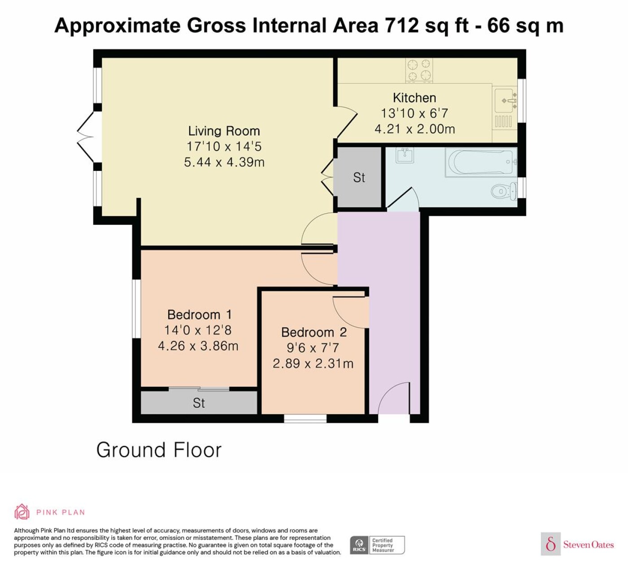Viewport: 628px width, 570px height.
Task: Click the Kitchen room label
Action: click(x=414, y=98)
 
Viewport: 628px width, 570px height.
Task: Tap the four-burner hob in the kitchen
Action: click(x=419, y=70)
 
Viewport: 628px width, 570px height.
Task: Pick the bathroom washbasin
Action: click(x=405, y=155)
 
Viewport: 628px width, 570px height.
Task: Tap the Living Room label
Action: click(x=224, y=131)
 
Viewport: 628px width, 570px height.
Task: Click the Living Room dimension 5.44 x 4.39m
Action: click(x=224, y=162)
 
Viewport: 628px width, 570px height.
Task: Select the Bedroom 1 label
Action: click(x=200, y=314)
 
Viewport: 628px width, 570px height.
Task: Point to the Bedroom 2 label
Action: click(x=314, y=332)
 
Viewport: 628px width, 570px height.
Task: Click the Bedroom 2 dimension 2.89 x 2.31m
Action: click(x=313, y=364)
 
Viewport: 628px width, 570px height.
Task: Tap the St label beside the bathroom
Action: click(x=359, y=178)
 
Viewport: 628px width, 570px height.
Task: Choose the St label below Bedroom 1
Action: click(x=199, y=403)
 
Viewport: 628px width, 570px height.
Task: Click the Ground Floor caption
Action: click(x=159, y=450)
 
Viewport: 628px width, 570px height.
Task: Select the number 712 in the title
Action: click(x=401, y=26)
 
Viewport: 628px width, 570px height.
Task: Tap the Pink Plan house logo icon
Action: click(x=22, y=512)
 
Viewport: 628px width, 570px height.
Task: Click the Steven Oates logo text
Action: click(x=589, y=544)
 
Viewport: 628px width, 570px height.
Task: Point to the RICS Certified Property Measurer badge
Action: click(x=377, y=545)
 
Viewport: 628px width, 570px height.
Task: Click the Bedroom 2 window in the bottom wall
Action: click(x=305, y=418)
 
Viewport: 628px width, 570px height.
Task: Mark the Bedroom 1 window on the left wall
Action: click(x=136, y=309)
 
